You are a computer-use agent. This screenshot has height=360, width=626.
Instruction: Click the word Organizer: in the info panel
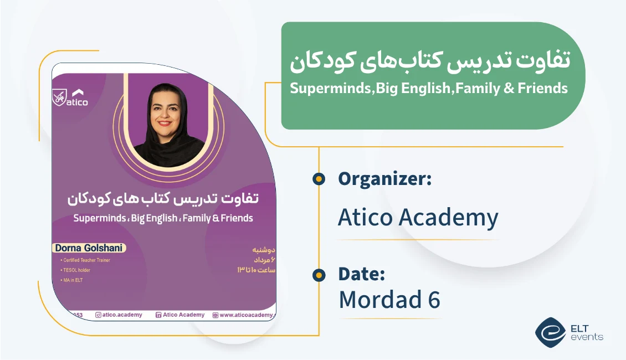point(384,179)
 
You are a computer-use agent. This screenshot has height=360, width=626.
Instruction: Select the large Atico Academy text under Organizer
point(418,218)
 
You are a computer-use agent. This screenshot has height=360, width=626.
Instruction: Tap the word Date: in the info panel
point(361,274)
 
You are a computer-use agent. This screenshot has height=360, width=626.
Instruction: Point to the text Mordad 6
point(389,300)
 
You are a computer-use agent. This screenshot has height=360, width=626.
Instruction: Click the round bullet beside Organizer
point(319,179)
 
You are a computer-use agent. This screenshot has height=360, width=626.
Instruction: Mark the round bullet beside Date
point(319,275)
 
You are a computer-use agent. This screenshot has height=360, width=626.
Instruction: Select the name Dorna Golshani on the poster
point(89,248)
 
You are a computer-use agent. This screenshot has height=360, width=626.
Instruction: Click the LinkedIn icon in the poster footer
point(158,315)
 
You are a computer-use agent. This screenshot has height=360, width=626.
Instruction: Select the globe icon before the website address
point(215,315)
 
